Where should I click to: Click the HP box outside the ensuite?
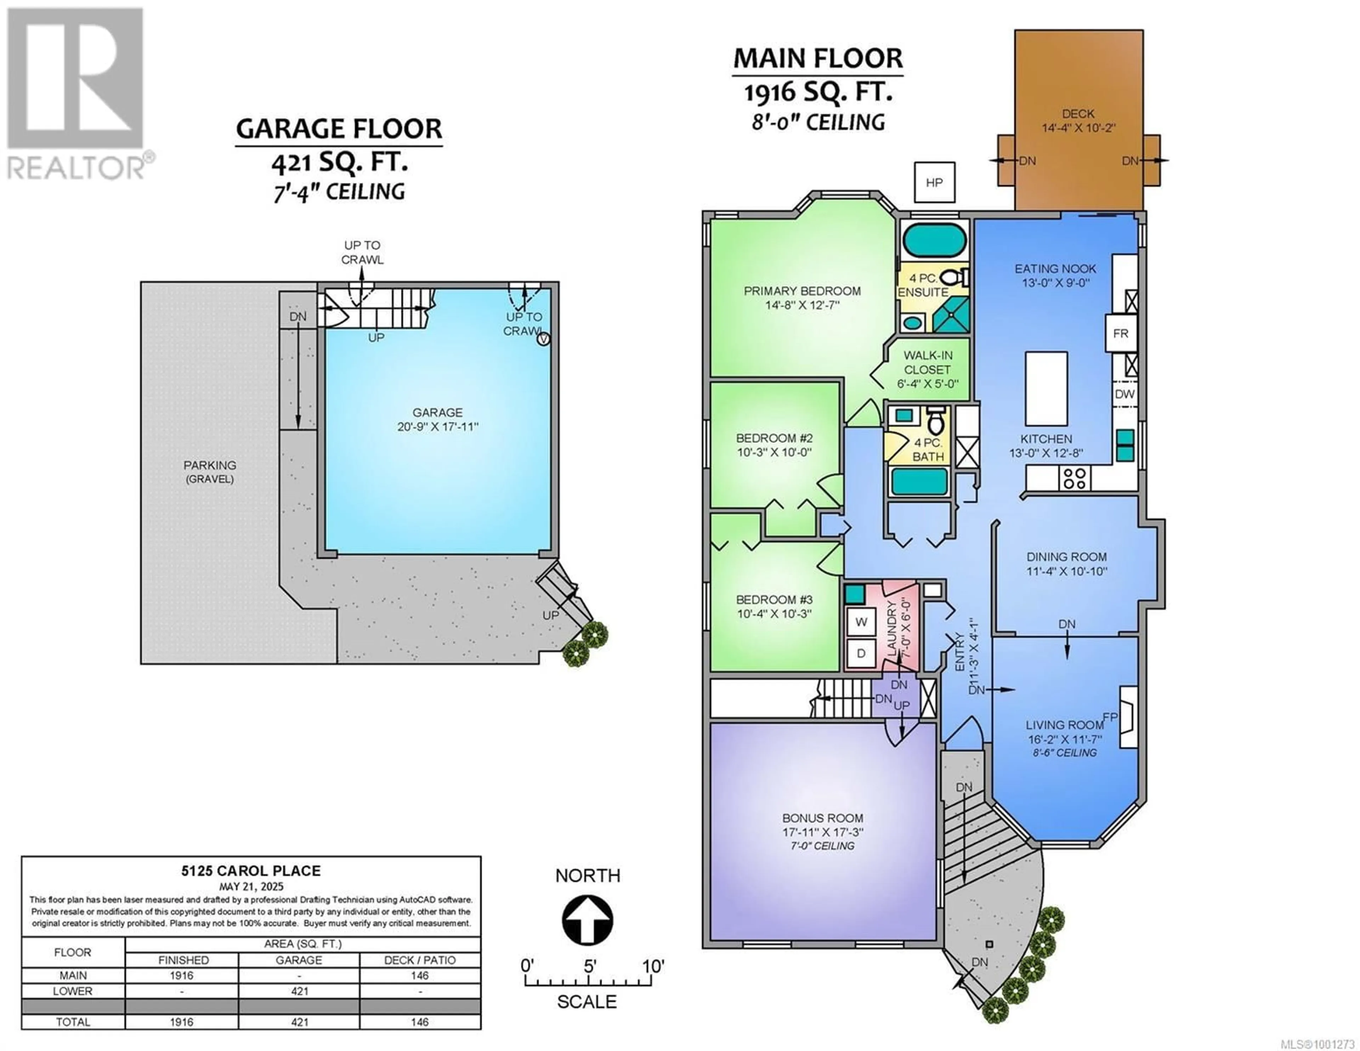point(934,182)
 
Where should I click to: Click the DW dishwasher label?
point(1124,394)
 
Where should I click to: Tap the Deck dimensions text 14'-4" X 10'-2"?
point(1078,128)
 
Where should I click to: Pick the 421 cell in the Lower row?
point(300,990)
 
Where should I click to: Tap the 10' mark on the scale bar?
point(653,966)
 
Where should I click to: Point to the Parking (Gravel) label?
point(209,471)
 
